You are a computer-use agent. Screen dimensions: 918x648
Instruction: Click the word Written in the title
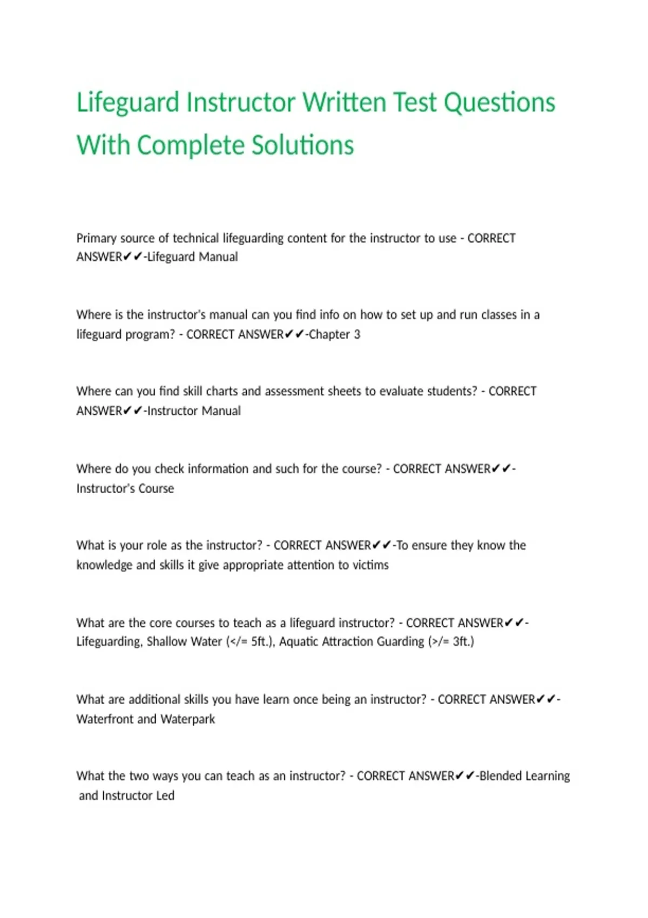[x=344, y=103]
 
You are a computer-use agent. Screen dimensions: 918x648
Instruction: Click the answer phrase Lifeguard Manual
[x=192, y=257]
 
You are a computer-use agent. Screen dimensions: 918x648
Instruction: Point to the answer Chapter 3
[x=334, y=335]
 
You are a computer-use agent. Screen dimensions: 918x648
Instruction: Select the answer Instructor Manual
[x=194, y=411]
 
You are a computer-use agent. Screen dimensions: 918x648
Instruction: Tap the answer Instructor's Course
[x=125, y=489]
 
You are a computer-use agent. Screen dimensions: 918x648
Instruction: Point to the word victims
[x=370, y=565]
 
